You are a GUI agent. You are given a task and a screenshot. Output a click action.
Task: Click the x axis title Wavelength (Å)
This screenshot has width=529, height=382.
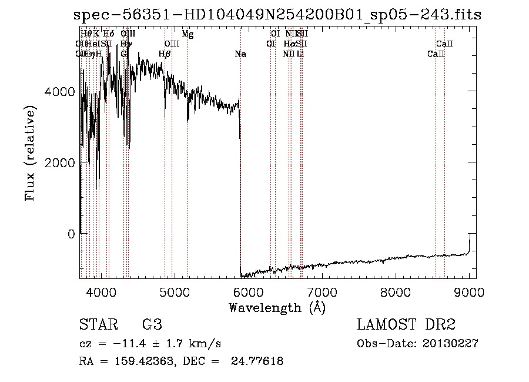pos(277,307)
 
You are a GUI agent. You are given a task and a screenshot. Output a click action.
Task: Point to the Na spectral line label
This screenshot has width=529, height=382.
pos(240,54)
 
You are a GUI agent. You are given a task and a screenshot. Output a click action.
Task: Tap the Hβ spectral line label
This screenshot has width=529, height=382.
pos(165,54)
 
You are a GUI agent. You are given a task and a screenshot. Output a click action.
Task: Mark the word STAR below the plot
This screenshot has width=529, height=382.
pos(98,324)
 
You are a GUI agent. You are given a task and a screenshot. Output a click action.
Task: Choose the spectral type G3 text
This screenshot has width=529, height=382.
pos(152,324)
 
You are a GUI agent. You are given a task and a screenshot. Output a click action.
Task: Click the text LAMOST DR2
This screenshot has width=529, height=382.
pos(406,324)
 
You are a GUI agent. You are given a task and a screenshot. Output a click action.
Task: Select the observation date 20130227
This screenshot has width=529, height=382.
pos(450,344)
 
